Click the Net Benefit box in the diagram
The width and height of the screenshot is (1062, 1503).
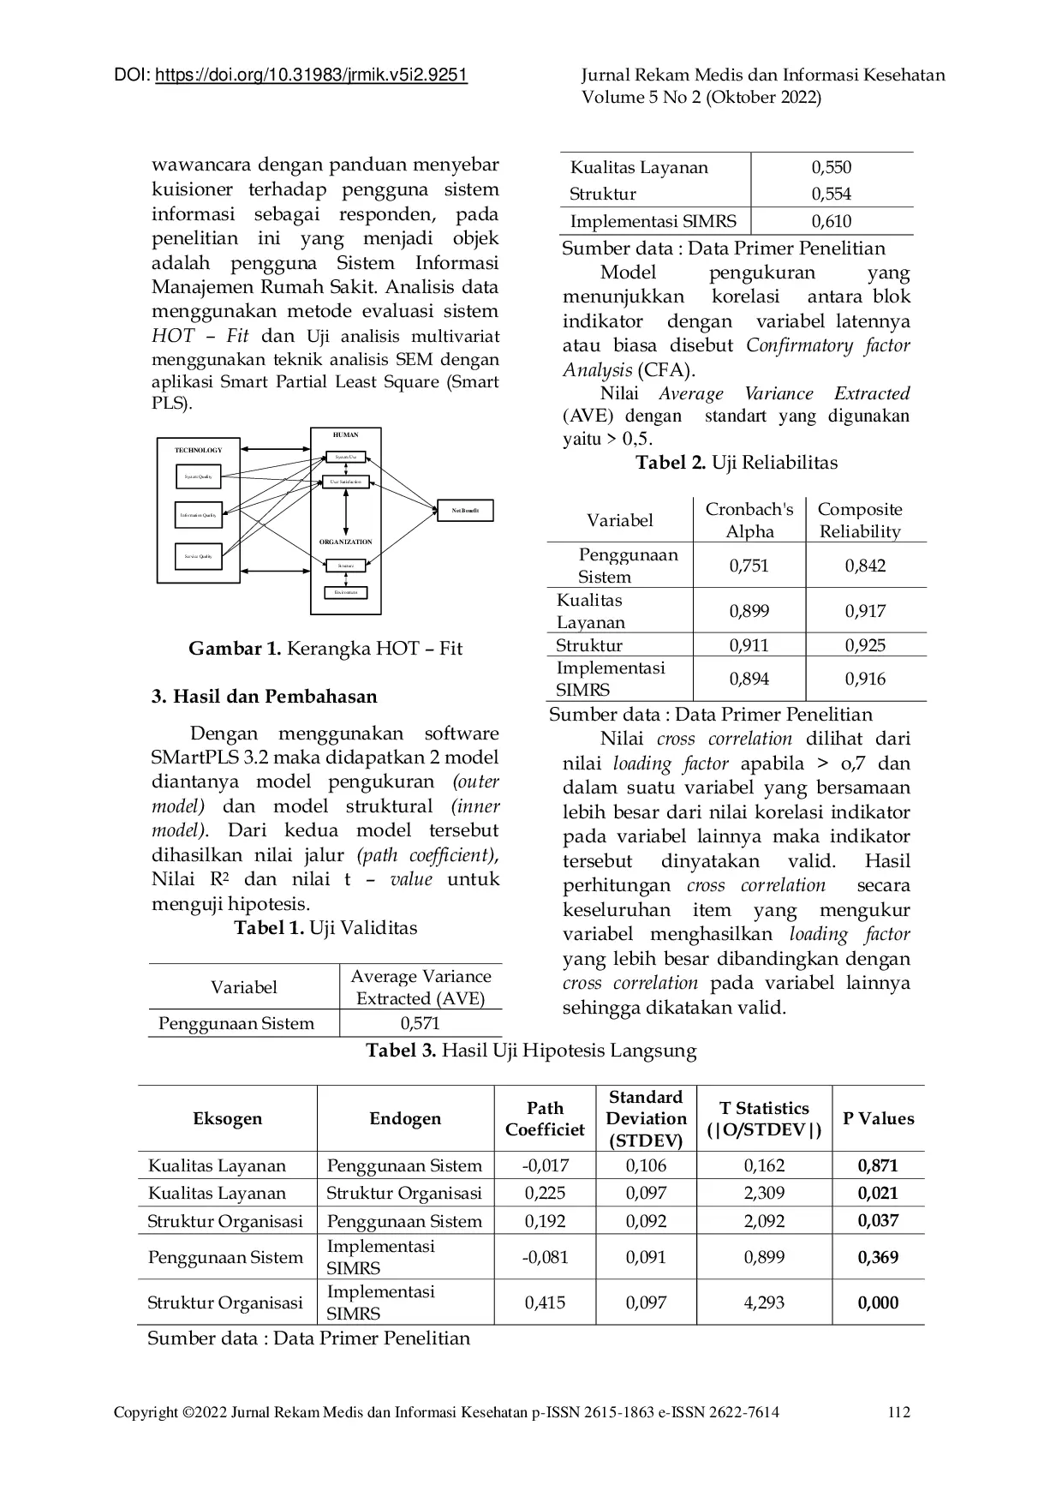pos(465,511)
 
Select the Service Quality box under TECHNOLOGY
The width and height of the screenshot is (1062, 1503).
pos(199,556)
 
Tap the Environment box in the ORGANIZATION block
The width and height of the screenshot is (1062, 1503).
pos(346,592)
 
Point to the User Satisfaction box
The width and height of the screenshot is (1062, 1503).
pos(346,482)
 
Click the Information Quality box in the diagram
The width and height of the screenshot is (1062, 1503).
pos(199,515)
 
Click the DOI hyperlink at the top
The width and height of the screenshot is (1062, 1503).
pos(311,75)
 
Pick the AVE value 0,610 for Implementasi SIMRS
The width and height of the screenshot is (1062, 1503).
pos(831,221)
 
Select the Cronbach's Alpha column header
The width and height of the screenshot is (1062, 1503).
pos(749,520)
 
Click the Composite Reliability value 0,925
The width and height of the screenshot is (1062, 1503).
pos(865,645)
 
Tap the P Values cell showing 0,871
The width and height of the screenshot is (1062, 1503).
pos(878,1165)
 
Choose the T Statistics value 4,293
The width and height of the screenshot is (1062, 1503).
pos(764,1302)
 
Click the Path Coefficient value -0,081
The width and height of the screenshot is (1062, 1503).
pos(545,1257)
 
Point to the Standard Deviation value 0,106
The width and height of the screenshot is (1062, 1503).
pos(646,1165)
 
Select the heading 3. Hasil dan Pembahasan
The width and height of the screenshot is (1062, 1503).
pos(264,696)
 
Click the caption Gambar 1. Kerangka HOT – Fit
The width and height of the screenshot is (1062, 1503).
pos(325,648)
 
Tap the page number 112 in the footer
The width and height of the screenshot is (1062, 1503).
pos(898,1412)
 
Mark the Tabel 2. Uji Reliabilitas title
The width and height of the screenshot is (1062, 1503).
pos(737,463)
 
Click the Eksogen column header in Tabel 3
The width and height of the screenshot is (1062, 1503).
pos(227,1118)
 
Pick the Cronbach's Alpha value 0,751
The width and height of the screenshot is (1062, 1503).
pos(749,566)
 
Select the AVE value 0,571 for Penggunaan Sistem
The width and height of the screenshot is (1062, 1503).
pos(420,1023)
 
